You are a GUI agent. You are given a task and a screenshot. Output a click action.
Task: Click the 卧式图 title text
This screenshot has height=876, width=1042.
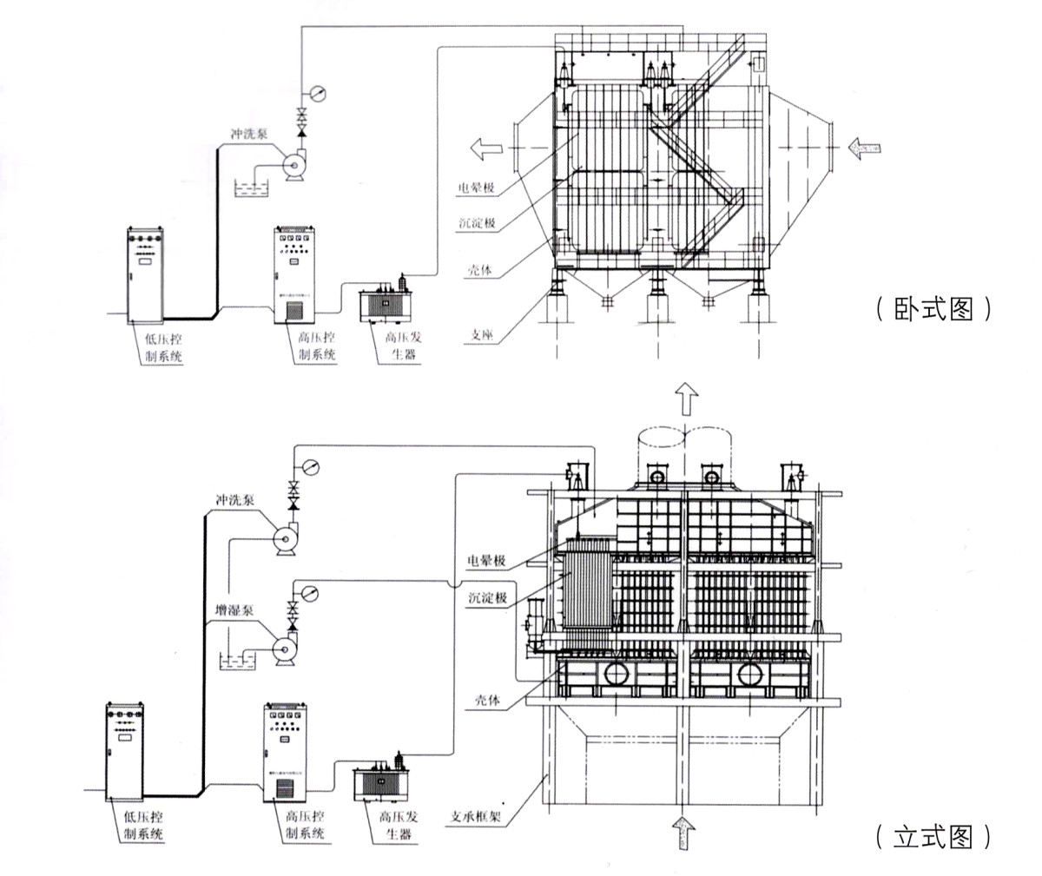[933, 310]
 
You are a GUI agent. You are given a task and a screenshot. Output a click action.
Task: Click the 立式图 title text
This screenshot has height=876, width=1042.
[933, 837]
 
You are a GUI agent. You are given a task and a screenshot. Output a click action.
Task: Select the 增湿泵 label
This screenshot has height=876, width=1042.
[234, 610]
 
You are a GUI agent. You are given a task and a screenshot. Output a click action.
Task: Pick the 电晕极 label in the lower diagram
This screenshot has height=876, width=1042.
[486, 562]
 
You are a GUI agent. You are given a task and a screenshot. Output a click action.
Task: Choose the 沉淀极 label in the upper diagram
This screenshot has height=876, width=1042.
[477, 223]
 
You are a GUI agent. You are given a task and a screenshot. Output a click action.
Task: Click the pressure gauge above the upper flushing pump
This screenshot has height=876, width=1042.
[317, 93]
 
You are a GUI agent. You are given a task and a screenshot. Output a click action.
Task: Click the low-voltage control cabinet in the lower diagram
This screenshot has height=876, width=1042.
[126, 751]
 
